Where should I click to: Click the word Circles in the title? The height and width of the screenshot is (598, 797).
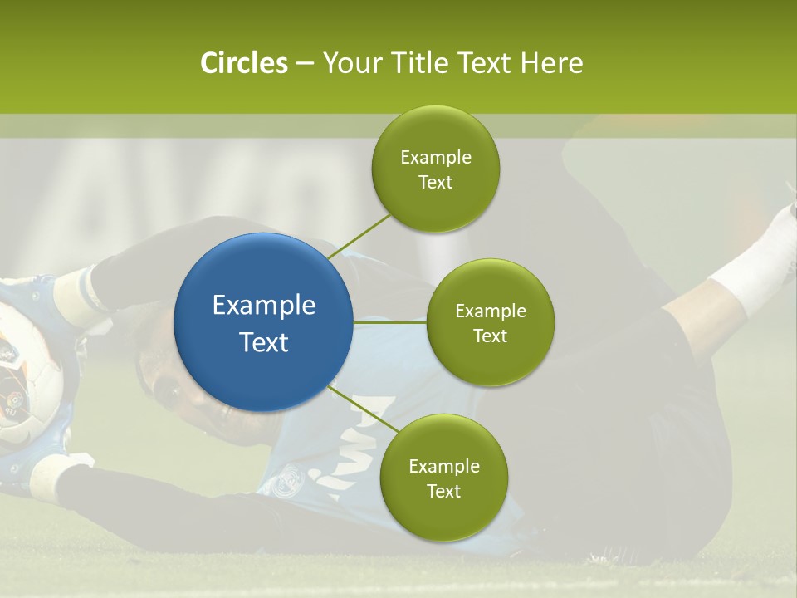pyautogui.click(x=243, y=63)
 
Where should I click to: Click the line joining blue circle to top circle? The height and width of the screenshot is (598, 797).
pyautogui.click(x=359, y=237)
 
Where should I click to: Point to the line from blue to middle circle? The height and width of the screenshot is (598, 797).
pyautogui.click(x=390, y=322)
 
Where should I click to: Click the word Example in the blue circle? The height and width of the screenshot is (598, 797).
pyautogui.click(x=263, y=306)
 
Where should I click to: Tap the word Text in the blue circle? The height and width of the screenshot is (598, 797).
pyautogui.click(x=263, y=342)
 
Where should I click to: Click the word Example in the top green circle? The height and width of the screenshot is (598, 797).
pyautogui.click(x=436, y=158)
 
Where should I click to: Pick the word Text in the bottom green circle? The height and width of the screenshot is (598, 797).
pyautogui.click(x=443, y=492)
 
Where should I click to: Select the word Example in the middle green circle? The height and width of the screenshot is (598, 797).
pyautogui.click(x=491, y=311)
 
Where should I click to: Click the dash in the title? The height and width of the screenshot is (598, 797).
pyautogui.click(x=305, y=64)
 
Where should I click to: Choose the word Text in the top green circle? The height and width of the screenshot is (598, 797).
pyautogui.click(x=435, y=183)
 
